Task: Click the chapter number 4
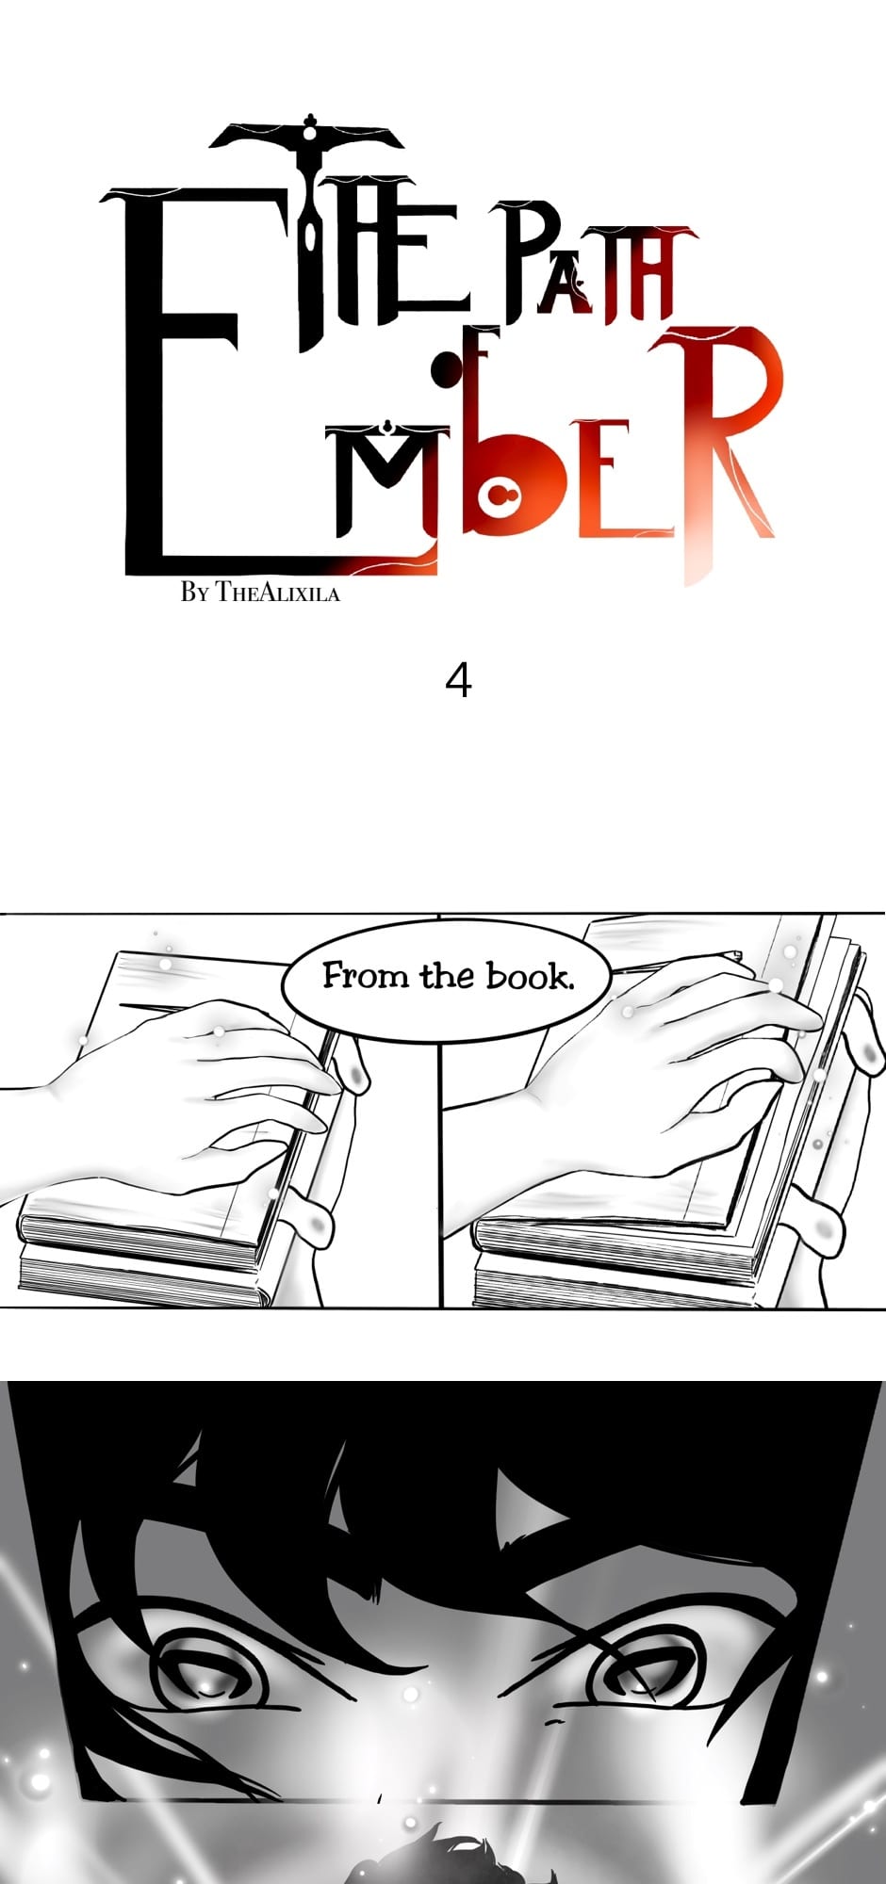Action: coord(458,680)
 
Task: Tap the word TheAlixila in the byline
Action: coord(277,593)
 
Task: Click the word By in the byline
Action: coord(194,593)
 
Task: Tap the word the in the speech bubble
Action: coord(447,975)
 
